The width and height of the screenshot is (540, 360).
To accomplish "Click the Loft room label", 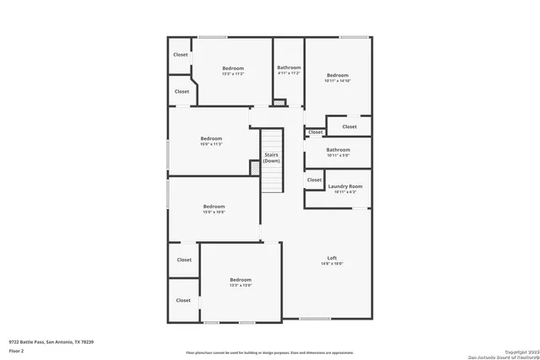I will pos(332,258).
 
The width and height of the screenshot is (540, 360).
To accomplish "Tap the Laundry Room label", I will pos(345,185).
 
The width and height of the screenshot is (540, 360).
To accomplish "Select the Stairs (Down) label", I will pos(272,158).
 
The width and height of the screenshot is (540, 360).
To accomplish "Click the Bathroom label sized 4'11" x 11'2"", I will pos(289,67).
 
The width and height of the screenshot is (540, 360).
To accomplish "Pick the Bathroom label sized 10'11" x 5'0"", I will pos(337,150).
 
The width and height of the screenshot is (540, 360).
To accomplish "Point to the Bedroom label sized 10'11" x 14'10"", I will pos(337,74).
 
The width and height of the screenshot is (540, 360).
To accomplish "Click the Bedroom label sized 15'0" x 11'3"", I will pos(211,138).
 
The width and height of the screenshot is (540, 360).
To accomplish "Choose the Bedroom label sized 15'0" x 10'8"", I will pos(213,207).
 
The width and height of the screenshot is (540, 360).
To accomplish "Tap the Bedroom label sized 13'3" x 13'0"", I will pos(240,280).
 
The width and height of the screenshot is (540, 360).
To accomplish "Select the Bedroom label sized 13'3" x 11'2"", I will pos(233,68).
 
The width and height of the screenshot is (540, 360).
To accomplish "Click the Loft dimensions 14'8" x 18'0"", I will pos(332,264).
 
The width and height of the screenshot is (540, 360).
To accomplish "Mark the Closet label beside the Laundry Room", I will pos(314,180).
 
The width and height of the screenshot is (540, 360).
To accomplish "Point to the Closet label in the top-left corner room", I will pos(181,55).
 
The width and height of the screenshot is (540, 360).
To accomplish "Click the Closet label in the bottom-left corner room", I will pos(183,300).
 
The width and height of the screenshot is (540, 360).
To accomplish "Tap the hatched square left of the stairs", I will pos(255,168).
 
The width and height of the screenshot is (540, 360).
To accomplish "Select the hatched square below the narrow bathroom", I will pos(279,104).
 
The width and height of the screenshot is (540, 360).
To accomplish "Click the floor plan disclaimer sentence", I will pos(269,352).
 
